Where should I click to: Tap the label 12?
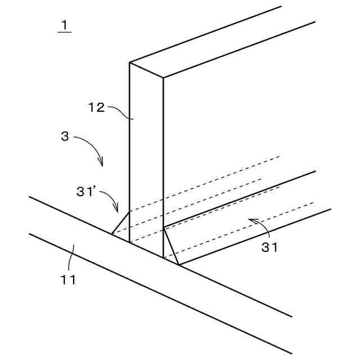(97, 107)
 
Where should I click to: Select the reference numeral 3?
(65, 136)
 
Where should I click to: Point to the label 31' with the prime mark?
(88, 191)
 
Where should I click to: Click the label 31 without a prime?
(270, 246)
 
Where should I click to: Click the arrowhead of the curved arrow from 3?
(102, 165)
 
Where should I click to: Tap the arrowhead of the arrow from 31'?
(118, 211)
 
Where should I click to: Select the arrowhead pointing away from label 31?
(250, 220)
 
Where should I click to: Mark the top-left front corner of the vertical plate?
(130, 62)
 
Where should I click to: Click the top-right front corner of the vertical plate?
(163, 77)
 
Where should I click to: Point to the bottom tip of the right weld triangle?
(178, 264)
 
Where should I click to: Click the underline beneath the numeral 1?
(64, 32)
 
